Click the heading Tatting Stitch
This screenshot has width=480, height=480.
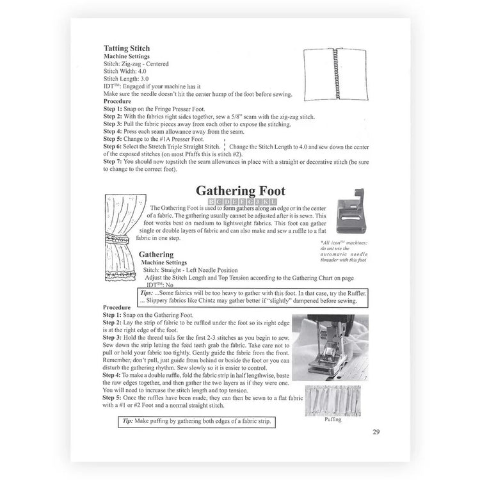[127, 48]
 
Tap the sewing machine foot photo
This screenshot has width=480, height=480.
[326, 348]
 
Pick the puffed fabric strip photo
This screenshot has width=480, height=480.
[332, 400]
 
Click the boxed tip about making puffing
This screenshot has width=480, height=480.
[196, 421]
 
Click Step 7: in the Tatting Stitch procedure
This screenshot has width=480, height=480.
[115, 161]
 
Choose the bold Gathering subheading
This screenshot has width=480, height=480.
[156, 254]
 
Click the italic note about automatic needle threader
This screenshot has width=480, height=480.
[344, 251]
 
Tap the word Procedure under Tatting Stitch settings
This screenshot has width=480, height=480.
[117, 101]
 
